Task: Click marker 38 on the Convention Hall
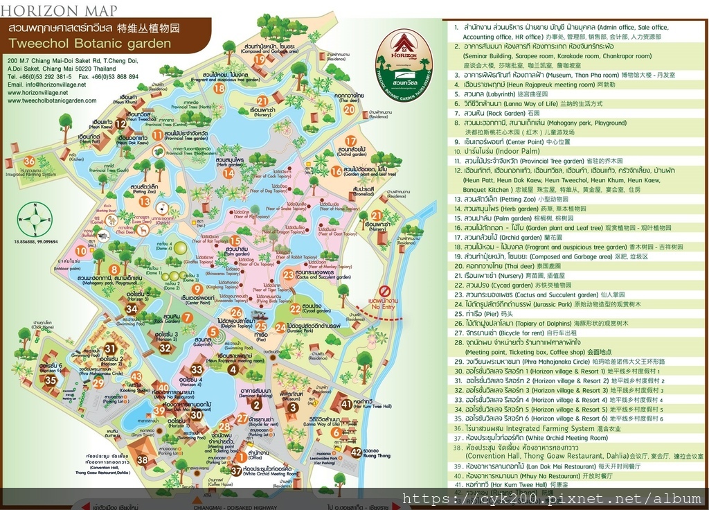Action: tap(143, 459)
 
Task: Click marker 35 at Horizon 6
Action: tap(51, 380)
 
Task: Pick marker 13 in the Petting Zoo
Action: tap(144, 202)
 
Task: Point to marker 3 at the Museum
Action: tap(293, 407)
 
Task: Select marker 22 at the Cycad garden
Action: tap(296, 308)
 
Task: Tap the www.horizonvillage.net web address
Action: tap(47, 93)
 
